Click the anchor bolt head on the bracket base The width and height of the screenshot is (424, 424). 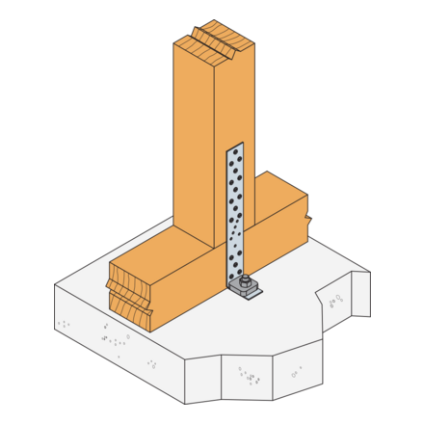(246, 280)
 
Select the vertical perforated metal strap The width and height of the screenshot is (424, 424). (234, 212)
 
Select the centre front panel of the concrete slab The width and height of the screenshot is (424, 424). (247, 378)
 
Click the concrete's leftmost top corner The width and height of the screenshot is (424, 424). (55, 285)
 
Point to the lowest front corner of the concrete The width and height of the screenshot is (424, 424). (185, 404)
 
